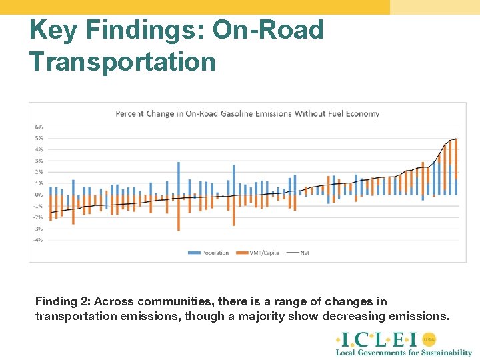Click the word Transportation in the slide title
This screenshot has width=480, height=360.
123,61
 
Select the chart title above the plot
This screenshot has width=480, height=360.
247,113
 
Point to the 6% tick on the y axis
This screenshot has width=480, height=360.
39,127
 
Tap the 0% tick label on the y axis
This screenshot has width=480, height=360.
39,195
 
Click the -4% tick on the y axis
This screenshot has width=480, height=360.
39,240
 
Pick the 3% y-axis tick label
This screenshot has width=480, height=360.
39,161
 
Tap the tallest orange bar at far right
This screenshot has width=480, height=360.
455,167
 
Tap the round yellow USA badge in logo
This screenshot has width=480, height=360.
429,339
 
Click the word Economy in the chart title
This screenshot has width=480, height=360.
363,113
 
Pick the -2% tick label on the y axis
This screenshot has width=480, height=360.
39,217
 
